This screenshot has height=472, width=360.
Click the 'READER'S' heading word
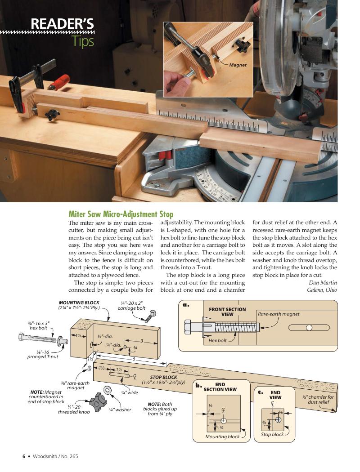[x=62, y=23]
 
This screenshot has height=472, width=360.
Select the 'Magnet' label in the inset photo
[x=238, y=65]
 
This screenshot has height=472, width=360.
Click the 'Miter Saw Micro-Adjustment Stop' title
[x=121, y=214]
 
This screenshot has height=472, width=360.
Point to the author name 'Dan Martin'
[x=323, y=282]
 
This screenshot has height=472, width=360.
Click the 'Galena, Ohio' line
[x=322, y=290]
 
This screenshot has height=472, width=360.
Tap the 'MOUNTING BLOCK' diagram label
[x=79, y=303]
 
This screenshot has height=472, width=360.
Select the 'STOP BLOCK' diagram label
[x=163, y=377]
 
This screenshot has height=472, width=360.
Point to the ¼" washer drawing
[x=108, y=390]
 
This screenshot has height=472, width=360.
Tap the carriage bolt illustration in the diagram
[x=150, y=316]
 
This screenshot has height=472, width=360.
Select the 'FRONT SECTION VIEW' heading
[x=227, y=312]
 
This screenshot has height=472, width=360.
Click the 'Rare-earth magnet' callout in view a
[x=279, y=314]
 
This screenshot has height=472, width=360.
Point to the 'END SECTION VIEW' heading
[x=220, y=387]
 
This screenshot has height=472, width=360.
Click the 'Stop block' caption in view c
[x=272, y=434]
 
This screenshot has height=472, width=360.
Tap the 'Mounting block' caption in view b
[x=222, y=436]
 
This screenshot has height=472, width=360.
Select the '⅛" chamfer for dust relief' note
[x=318, y=400]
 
